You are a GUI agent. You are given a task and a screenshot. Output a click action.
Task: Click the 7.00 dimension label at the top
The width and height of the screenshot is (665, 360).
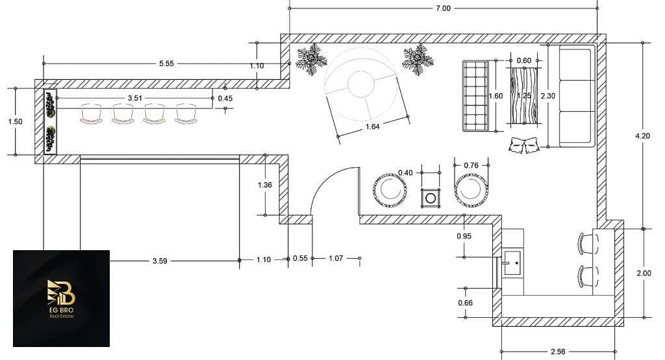pos(443,8)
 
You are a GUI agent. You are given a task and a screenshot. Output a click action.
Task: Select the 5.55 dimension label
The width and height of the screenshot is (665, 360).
pos(166,63)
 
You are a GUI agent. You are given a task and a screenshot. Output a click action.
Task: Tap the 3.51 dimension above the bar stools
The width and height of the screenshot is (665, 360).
pos(135,98)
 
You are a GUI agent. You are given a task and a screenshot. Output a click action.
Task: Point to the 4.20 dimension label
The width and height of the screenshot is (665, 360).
pos(642,136)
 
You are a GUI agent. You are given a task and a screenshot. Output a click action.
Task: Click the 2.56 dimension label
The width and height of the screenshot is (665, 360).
pos(558,352)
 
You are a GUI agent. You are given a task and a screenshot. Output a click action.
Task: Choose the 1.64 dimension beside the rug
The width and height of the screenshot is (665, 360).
pos(372,127)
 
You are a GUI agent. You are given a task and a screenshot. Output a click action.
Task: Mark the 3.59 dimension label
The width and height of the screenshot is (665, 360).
pos(160,261)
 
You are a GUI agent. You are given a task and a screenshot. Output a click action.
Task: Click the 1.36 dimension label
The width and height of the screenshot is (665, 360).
pos(265,185)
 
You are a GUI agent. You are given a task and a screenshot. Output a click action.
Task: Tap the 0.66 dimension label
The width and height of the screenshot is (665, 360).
pos(465,303)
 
